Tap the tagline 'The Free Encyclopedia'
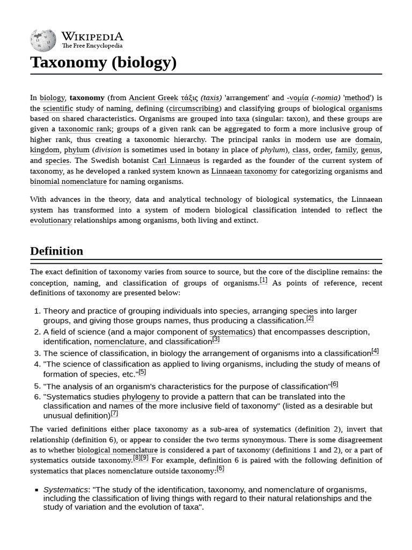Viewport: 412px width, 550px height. click(x=92, y=46)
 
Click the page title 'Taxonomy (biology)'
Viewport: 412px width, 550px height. click(x=103, y=62)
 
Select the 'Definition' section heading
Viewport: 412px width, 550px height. click(x=56, y=251)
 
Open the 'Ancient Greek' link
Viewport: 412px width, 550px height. click(x=153, y=98)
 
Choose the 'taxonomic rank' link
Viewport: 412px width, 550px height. click(x=85, y=129)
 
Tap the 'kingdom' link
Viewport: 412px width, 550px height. click(x=45, y=150)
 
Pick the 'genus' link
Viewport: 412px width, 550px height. click(x=371, y=150)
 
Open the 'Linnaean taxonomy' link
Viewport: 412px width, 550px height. click(x=244, y=171)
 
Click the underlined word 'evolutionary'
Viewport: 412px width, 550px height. click(x=51, y=220)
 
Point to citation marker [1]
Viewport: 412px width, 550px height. click(x=263, y=280)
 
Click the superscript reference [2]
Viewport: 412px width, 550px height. click(x=310, y=319)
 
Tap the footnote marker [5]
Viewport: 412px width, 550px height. click(x=142, y=372)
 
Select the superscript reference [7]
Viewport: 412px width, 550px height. click(x=114, y=414)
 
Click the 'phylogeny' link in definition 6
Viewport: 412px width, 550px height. click(x=141, y=397)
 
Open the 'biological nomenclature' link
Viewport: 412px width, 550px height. click(x=117, y=450)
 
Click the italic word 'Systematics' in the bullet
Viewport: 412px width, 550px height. click(x=65, y=489)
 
